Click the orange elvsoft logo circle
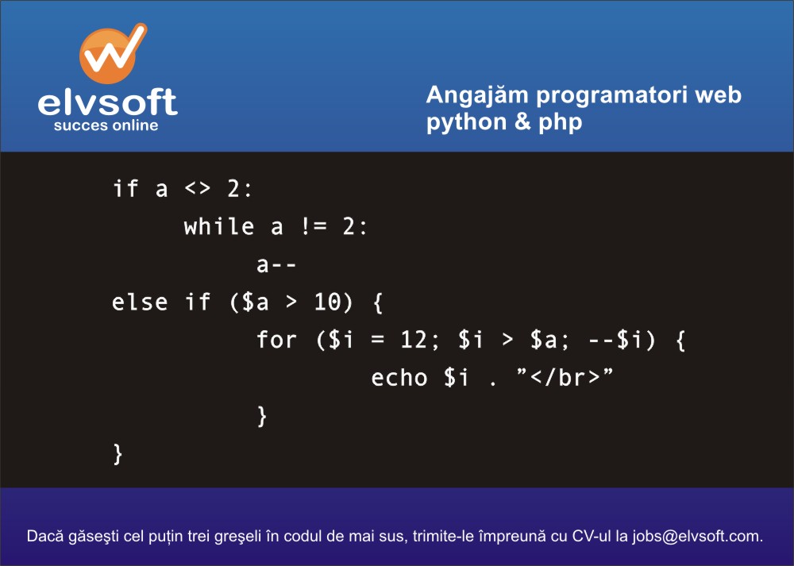(107, 56)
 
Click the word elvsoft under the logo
(107, 102)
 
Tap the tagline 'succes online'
(106, 125)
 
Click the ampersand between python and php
(522, 121)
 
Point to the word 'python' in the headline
(466, 123)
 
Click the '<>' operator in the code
(197, 189)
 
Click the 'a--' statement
(276, 265)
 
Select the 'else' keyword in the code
(139, 302)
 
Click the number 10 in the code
(326, 302)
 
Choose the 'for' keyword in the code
(276, 339)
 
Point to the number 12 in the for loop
(414, 340)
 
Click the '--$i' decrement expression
(616, 340)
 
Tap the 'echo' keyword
(399, 378)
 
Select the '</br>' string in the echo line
(565, 378)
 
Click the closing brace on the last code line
(118, 453)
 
